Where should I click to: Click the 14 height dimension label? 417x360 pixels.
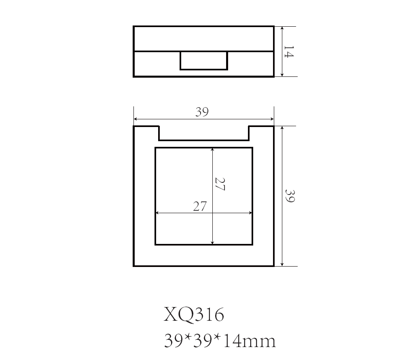click(x=288, y=52)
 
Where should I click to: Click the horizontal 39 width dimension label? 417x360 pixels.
click(x=202, y=112)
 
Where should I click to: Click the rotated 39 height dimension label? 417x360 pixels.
click(x=290, y=196)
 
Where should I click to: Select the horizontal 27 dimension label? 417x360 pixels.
click(x=200, y=206)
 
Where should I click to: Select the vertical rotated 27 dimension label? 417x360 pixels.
click(x=220, y=184)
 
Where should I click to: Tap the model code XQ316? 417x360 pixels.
click(x=194, y=314)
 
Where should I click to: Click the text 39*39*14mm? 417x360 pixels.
click(x=220, y=341)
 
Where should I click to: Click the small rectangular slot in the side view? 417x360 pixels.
click(x=203, y=61)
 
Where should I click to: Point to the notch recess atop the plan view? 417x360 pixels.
click(x=203, y=133)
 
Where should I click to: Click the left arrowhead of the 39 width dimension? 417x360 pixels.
click(x=135, y=119)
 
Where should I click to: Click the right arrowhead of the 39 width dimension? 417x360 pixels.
click(x=272, y=119)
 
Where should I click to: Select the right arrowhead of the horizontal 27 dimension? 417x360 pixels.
click(x=250, y=213)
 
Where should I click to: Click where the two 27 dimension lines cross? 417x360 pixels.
click(x=213, y=213)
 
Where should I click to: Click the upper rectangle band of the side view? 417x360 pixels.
click(x=203, y=39)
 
